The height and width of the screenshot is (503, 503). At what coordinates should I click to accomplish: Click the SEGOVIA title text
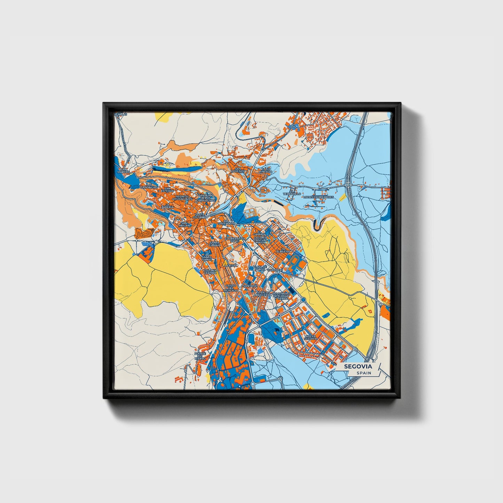coord(358,367)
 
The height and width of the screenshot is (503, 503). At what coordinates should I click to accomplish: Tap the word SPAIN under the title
coord(363,373)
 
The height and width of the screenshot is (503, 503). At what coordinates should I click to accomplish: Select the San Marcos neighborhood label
coord(123,171)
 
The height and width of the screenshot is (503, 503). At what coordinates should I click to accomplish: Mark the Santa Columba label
coord(201,216)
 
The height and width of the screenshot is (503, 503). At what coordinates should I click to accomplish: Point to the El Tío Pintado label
coord(265,171)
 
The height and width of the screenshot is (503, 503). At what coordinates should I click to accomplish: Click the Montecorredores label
coord(319,197)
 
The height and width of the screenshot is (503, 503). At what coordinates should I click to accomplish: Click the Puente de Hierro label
coord(200,356)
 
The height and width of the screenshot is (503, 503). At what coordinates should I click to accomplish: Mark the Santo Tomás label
coord(206,259)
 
